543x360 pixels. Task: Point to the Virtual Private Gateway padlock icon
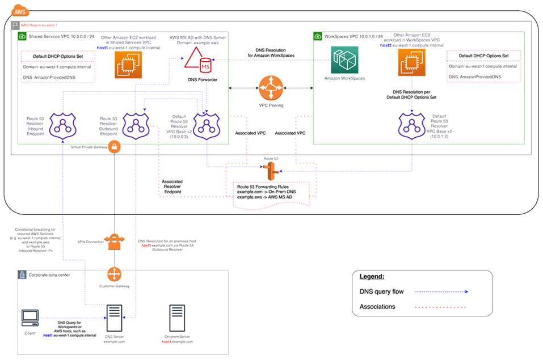pos(115,147)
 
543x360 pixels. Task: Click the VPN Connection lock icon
pos(115,241)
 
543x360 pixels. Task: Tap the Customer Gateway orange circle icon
pos(115,274)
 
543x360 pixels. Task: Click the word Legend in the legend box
pos(372,277)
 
